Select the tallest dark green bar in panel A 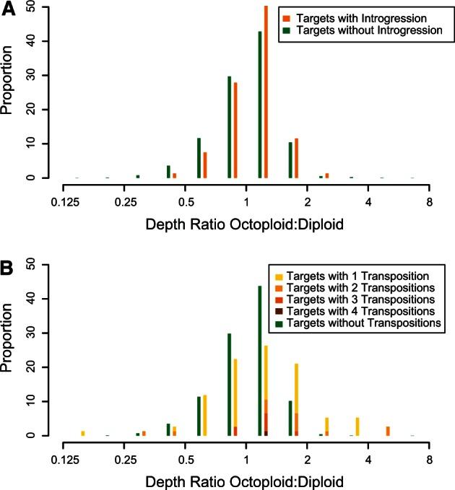coord(259,105)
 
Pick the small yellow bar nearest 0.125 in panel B coord(83,433)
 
